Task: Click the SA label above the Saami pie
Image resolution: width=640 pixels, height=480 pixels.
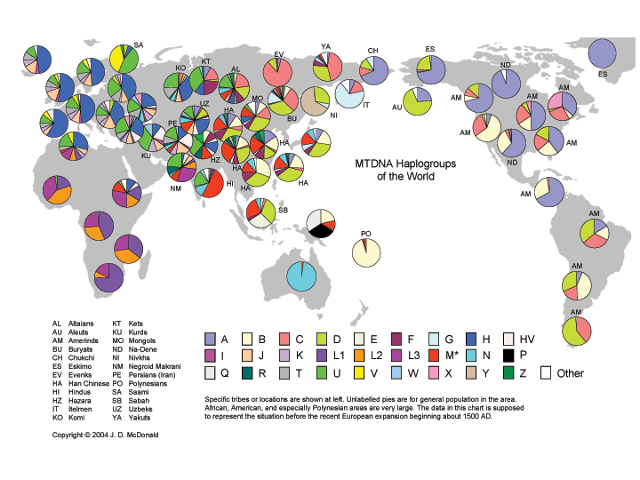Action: (x=138, y=44)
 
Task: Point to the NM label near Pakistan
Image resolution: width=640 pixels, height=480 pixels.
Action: (x=175, y=188)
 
